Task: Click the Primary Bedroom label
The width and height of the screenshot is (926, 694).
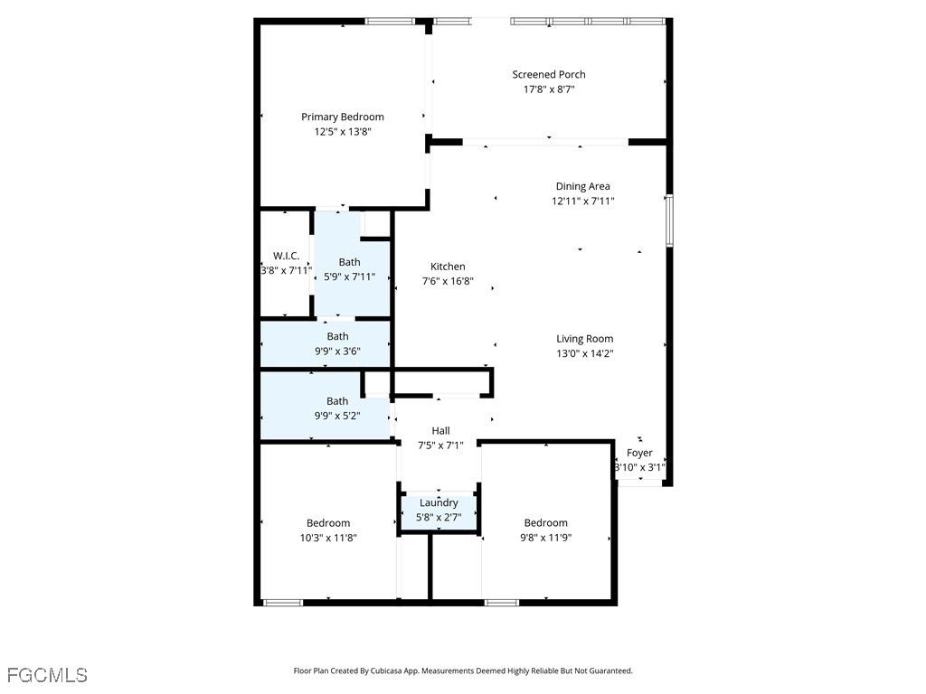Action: [x=343, y=117]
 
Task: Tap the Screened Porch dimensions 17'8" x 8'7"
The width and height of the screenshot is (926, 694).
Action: [x=549, y=89]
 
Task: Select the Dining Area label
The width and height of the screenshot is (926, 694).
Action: [x=583, y=186]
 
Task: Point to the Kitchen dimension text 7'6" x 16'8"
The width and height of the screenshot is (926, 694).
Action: [x=448, y=282]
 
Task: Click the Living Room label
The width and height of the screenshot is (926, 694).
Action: [x=585, y=339]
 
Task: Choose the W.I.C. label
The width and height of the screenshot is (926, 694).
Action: [x=286, y=256]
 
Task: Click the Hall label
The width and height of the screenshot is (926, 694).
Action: [x=440, y=431]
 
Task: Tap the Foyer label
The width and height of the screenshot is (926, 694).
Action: [x=639, y=453]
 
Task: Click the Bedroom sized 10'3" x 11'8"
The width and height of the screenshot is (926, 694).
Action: [x=327, y=523]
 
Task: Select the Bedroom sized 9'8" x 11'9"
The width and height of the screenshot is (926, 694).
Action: [x=545, y=523]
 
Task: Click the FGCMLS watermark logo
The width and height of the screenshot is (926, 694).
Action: [x=47, y=675]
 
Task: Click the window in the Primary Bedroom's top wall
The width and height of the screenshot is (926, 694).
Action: [x=390, y=22]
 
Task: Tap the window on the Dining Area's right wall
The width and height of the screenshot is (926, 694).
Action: [x=669, y=220]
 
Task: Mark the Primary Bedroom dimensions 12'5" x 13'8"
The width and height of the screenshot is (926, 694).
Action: [x=343, y=132]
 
